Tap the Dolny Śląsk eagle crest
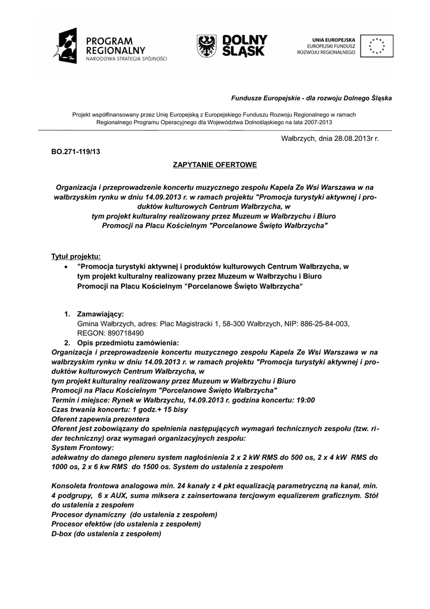tap(206, 46)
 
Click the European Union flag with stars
tap(376, 46)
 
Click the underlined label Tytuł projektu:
tap(76, 256)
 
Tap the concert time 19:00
tap(305, 400)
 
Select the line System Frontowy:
tap(83, 447)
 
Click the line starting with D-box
tap(107, 533)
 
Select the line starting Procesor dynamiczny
tap(135, 514)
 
